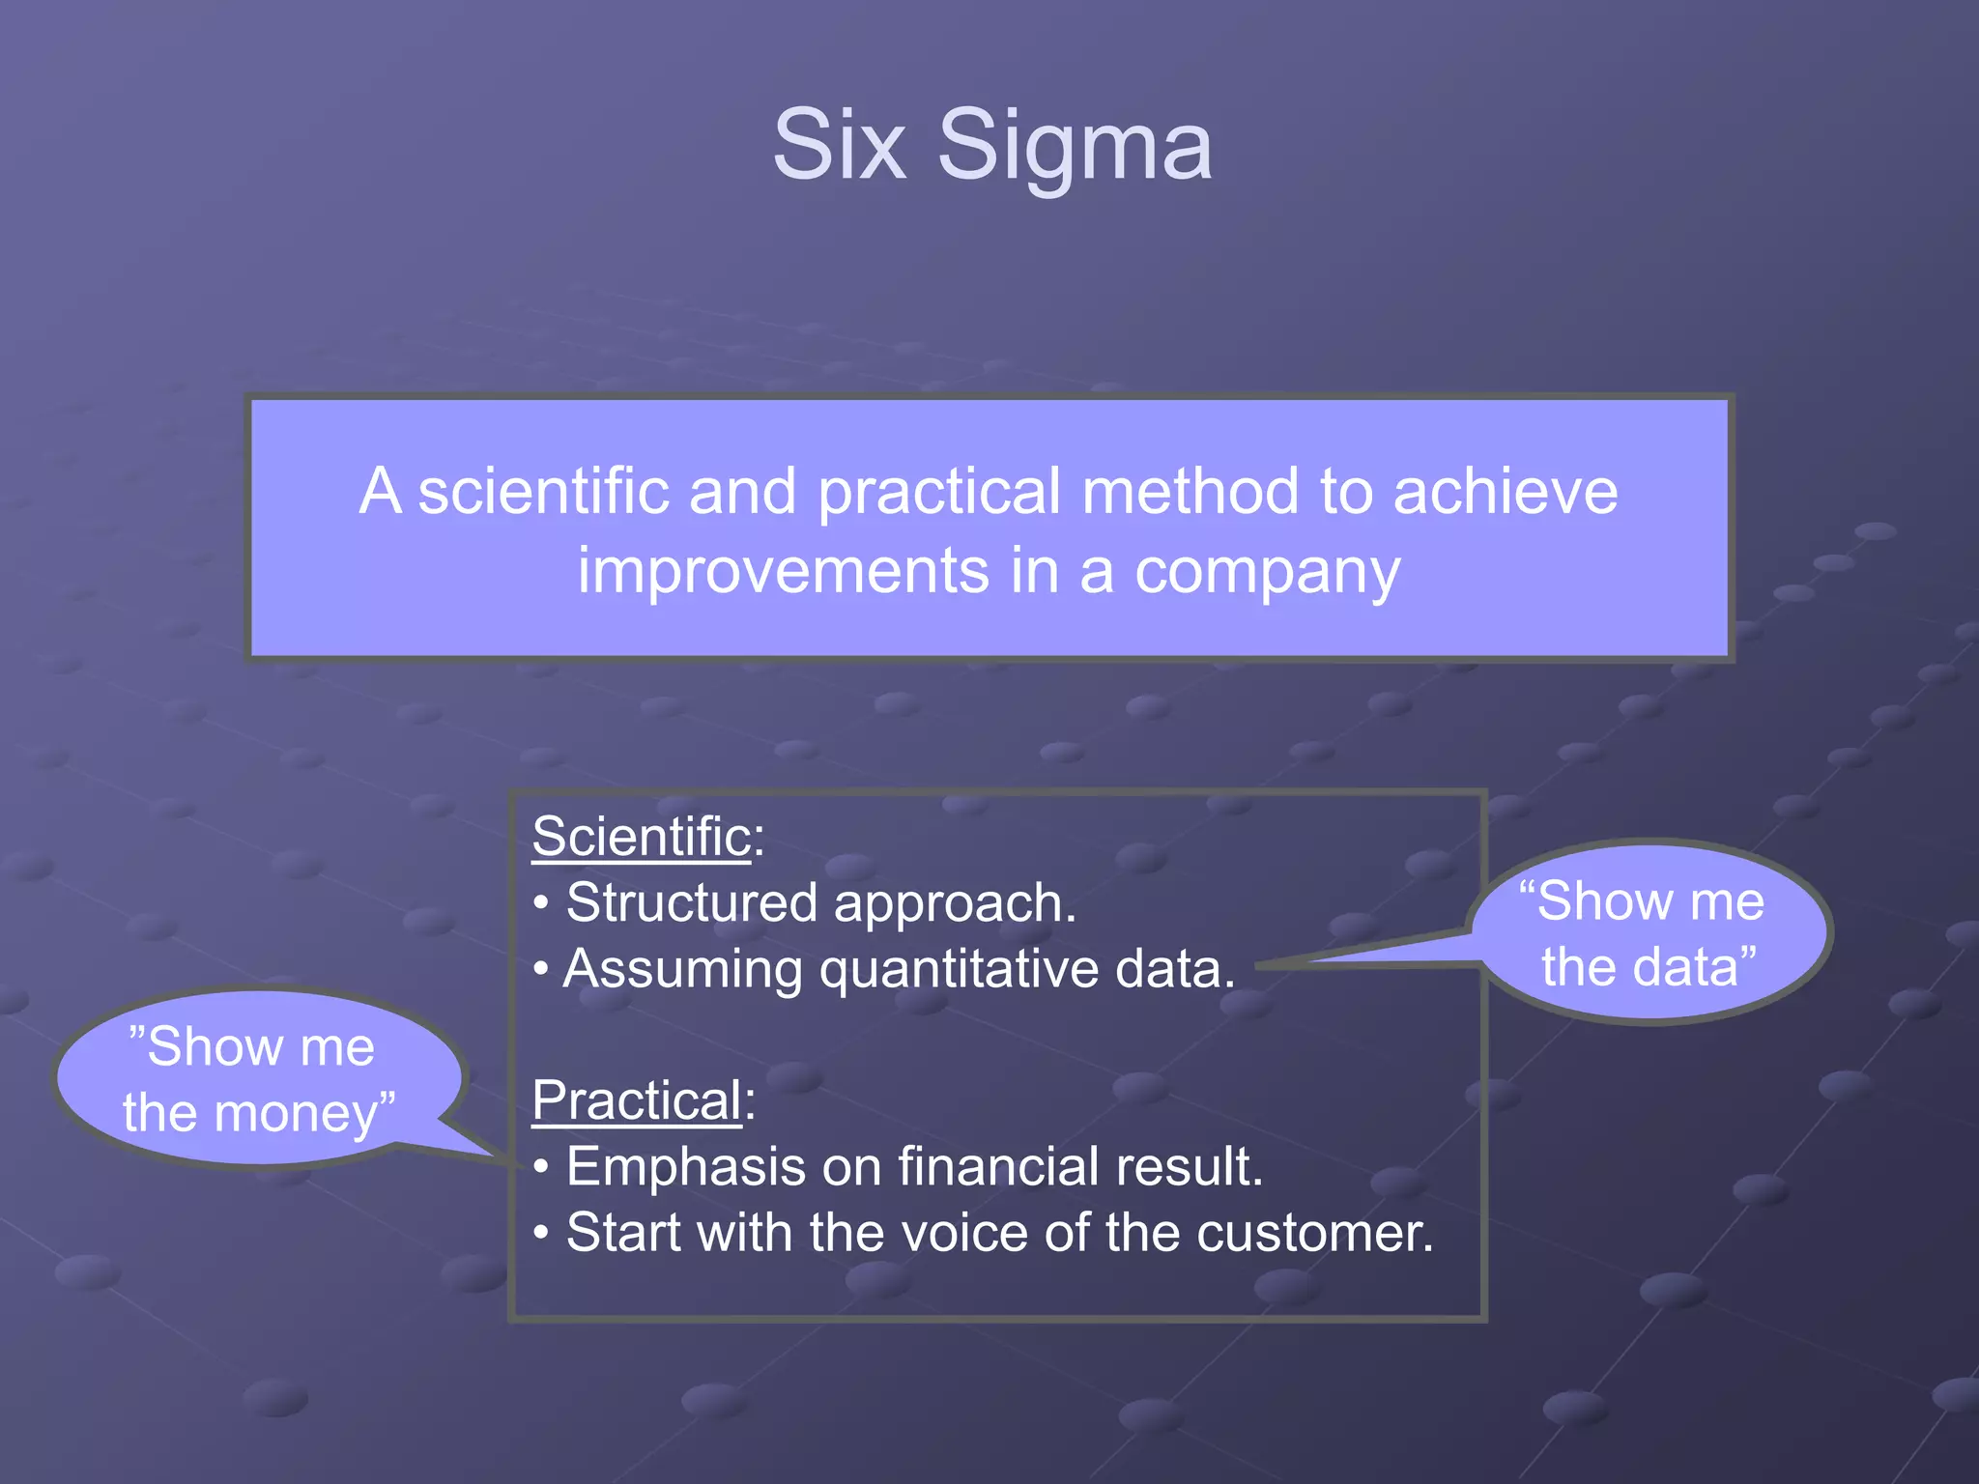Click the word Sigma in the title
point(1074,147)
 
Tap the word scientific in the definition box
point(543,492)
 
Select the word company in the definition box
point(1266,572)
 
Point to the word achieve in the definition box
point(1505,492)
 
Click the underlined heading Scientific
point(641,837)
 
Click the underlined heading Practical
point(636,1100)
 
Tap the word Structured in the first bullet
point(691,903)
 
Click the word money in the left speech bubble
point(295,1115)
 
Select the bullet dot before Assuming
point(542,970)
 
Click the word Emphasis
point(685,1167)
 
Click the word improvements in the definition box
point(783,572)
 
